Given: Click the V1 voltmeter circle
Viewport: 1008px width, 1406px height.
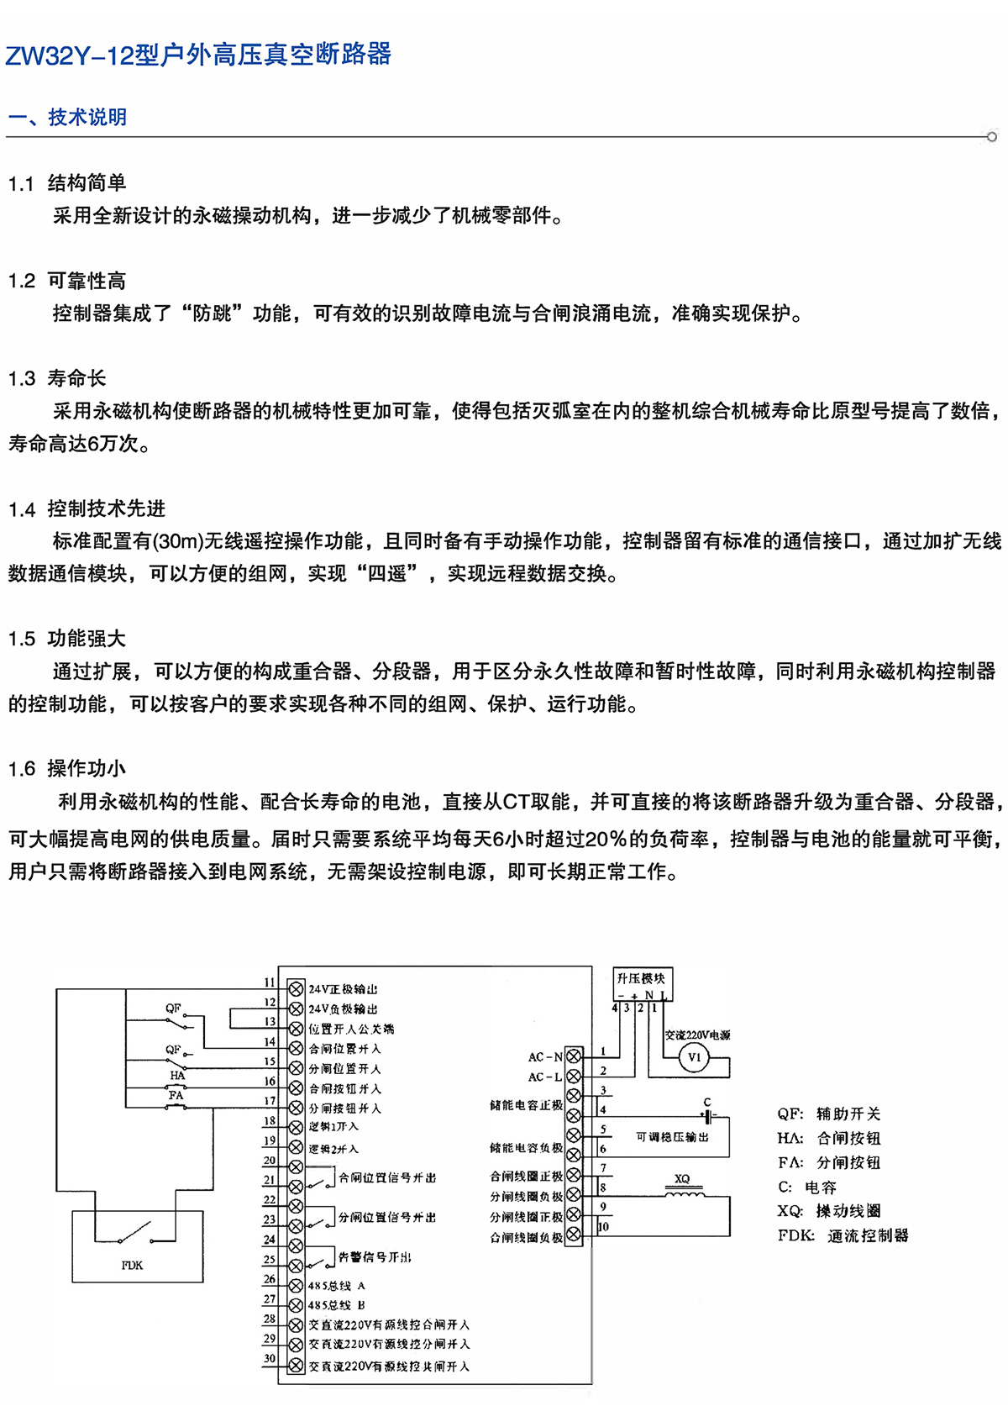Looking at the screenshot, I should [694, 1057].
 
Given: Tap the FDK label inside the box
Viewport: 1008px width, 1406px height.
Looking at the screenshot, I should [132, 1265].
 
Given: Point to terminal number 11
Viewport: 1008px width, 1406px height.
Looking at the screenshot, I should [270, 982].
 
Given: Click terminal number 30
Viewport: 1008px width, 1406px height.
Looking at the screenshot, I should [270, 1358].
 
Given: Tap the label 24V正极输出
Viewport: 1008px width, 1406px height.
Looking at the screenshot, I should [343, 989].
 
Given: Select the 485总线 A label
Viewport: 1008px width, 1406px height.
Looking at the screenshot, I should [336, 1286].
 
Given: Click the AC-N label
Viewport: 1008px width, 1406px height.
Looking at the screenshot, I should [545, 1056].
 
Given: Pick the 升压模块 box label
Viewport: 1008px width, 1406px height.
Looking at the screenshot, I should [641, 978].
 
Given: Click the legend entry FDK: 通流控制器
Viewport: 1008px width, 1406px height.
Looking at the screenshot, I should [843, 1235].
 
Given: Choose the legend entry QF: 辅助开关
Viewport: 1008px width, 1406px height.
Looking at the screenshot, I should [828, 1114].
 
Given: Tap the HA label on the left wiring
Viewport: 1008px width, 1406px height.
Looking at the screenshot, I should [177, 1075].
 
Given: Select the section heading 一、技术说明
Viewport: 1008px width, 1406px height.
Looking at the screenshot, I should [67, 117].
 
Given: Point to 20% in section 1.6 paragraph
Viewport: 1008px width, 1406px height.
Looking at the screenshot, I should [605, 839].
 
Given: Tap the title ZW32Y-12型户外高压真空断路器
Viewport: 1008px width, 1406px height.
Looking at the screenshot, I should [198, 55].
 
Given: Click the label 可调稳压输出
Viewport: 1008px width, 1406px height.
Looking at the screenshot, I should [672, 1137].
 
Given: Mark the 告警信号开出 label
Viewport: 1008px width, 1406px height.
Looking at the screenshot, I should [375, 1257].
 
